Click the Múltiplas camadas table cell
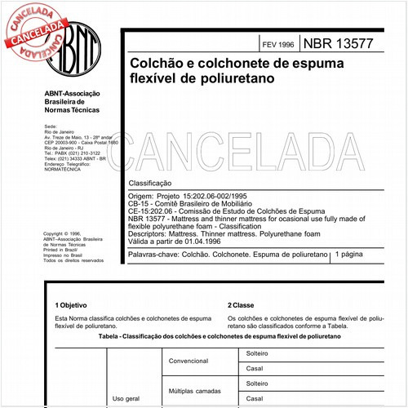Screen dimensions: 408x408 click(198, 391)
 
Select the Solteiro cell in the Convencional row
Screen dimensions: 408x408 click(259, 352)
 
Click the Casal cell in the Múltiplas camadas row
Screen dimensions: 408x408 click(255, 400)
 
